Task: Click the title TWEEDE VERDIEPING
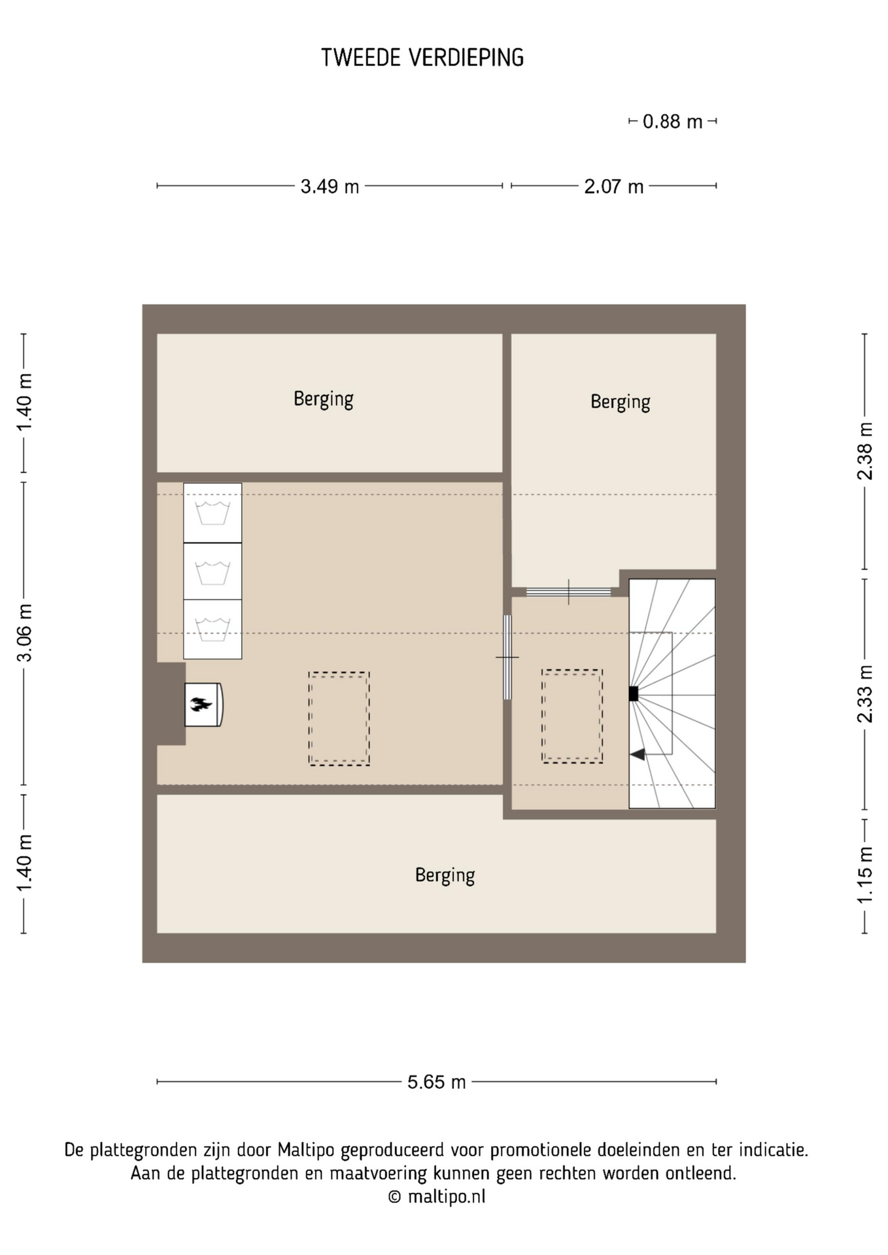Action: point(422,58)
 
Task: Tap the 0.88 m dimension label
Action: point(672,122)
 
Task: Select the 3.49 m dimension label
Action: point(330,187)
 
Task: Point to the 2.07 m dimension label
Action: point(613,187)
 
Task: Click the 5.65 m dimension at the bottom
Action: point(436,1082)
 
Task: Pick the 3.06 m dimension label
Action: point(24,633)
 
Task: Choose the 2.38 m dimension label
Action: point(865,451)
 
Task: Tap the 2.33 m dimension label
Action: point(865,694)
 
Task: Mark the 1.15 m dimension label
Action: point(865,875)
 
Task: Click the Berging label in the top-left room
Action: point(323,399)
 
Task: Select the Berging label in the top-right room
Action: point(620,401)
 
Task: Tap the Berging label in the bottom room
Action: point(445,875)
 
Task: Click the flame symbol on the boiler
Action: point(201,704)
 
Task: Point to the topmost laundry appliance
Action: point(213,512)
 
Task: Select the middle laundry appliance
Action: point(213,571)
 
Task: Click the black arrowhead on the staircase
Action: point(638,754)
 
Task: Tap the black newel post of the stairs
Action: point(633,694)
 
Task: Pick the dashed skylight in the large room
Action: point(339,718)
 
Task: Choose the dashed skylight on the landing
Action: point(572,716)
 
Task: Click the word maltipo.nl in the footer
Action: point(447,1197)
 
